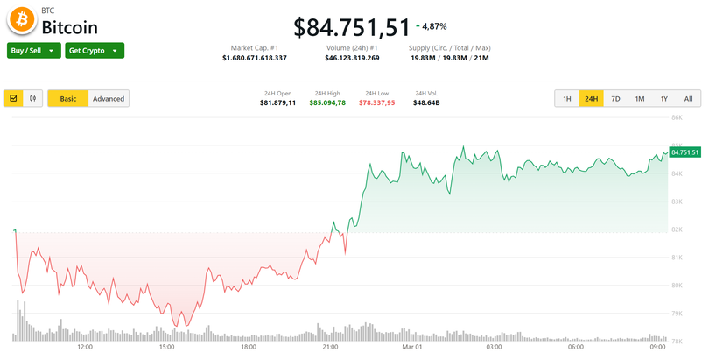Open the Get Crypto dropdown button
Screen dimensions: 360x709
(x=94, y=51)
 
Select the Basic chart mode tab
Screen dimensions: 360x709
(x=67, y=99)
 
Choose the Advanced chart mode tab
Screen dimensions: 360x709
(x=109, y=99)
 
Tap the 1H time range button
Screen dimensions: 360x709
(x=567, y=99)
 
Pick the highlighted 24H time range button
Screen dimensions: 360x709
(x=592, y=99)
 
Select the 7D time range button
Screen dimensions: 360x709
(x=615, y=99)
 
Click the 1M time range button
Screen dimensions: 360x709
(x=640, y=99)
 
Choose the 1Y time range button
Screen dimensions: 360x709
(x=664, y=99)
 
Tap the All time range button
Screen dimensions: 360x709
(x=688, y=99)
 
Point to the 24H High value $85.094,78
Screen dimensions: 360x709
(x=327, y=103)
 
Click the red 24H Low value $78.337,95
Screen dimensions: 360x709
(x=377, y=103)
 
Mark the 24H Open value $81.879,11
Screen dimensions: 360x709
(x=277, y=103)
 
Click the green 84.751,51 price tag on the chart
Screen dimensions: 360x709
(x=685, y=152)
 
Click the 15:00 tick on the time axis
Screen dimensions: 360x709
(x=167, y=347)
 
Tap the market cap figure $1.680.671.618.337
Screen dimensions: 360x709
(x=254, y=58)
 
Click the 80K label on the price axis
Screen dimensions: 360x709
(x=676, y=286)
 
